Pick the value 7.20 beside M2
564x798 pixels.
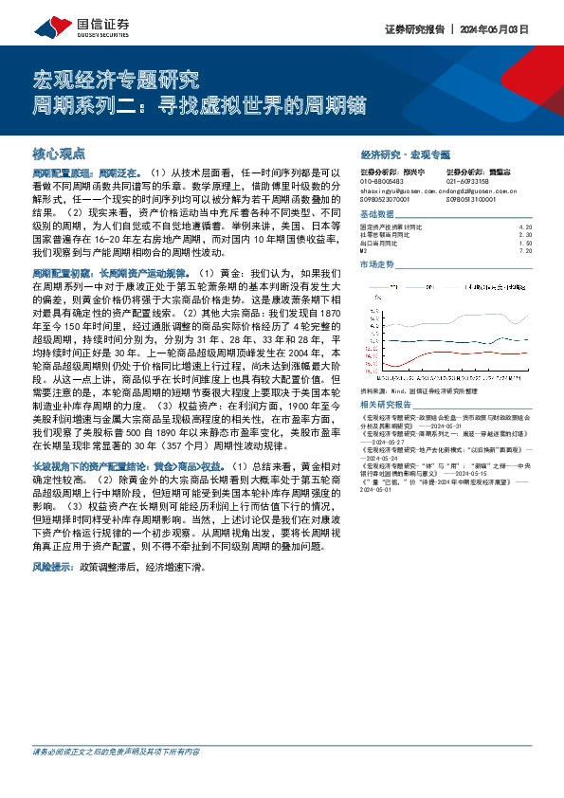point(527,251)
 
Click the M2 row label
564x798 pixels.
point(366,251)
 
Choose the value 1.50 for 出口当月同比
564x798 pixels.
point(527,244)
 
